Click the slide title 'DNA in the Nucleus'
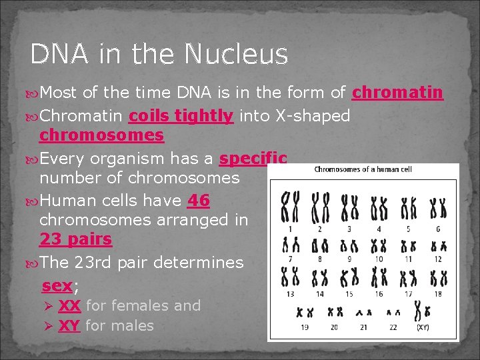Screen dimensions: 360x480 159,55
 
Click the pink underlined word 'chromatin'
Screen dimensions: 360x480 397,93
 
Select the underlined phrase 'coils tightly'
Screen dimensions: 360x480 181,116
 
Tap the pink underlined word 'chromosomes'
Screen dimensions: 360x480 101,135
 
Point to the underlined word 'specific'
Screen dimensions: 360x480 253,159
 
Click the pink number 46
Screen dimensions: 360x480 199,201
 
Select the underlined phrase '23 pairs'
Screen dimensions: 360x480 75,239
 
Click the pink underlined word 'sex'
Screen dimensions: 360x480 57,287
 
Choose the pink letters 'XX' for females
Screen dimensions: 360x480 69,306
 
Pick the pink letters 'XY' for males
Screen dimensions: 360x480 69,326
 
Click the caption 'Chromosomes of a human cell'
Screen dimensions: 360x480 363,169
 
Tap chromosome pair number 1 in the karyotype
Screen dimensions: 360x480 289,207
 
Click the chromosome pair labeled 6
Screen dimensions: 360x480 437,208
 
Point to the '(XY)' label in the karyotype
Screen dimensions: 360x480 423,327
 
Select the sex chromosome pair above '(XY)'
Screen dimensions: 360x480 422,311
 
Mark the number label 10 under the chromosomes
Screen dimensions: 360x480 379,259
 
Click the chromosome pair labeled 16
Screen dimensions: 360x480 379,277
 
